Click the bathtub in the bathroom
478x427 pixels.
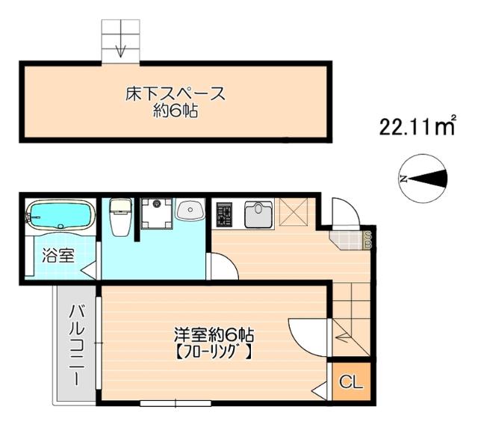pyautogui.click(x=59, y=217)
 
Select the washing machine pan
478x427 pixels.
pyautogui.click(x=157, y=213)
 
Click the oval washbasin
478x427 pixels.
pyautogui.click(x=189, y=211)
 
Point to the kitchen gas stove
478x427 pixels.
pyautogui.click(x=224, y=214)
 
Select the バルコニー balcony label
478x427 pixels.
pyautogui.click(x=76, y=344)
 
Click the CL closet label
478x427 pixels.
pyautogui.click(x=351, y=383)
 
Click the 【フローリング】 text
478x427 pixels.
pyautogui.click(x=212, y=350)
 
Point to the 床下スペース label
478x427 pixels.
pyautogui.click(x=175, y=95)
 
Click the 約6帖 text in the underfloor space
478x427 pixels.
pyautogui.click(x=175, y=113)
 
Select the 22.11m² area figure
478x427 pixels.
pyautogui.click(x=417, y=128)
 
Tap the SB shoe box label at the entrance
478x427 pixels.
pyautogui.click(x=368, y=239)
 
